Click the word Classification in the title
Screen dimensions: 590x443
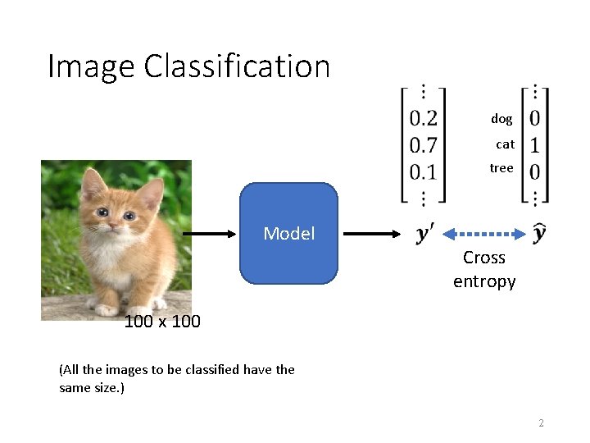pos(237,66)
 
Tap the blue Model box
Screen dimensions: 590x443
pos(288,234)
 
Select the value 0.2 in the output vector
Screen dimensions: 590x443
pos(424,119)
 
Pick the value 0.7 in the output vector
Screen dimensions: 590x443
pos(424,145)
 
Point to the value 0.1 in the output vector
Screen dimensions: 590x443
pos(424,171)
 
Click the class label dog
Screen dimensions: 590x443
pos(501,119)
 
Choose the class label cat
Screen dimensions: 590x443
pos(505,144)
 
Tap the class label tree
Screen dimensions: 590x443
pos(501,168)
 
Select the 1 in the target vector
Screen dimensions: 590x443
pos(534,145)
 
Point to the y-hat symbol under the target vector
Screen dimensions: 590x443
pos(539,233)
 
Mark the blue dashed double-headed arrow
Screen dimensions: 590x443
pos(483,234)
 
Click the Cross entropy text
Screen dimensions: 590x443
pos(484,269)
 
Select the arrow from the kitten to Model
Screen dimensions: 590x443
pos(209,234)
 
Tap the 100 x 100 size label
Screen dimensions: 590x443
pos(162,322)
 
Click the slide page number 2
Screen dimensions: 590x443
pos(541,423)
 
